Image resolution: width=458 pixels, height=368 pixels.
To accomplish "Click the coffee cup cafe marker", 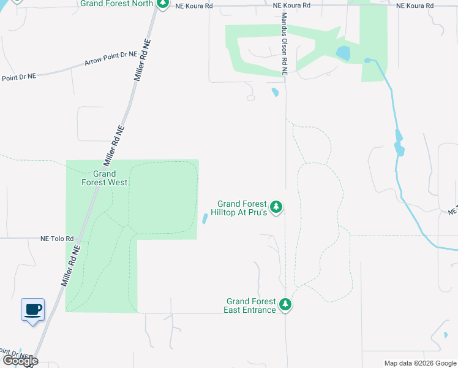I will point(32,309).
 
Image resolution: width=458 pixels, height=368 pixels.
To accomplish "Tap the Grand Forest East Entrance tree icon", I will point(285,304).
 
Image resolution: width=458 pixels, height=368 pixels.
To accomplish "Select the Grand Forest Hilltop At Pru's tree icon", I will point(276,207).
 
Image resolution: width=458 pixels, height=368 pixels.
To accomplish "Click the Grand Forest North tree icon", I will point(162,4).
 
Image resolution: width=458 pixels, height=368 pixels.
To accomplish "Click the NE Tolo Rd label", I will point(57,239).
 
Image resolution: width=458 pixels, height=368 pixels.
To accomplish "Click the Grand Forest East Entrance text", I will point(251,305).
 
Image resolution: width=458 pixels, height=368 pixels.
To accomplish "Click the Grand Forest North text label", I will point(116,4).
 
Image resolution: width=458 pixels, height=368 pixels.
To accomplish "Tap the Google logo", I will point(20,361).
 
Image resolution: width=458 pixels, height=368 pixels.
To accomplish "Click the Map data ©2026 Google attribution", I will point(419,363).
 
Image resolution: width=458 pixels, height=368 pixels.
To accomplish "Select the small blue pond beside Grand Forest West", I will point(205,219).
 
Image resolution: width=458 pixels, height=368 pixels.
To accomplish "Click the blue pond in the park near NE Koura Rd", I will point(343,53).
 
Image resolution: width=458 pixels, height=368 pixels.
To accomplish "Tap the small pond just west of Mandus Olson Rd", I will point(275,93).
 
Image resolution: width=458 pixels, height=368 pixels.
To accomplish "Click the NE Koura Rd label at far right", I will point(415,6).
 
